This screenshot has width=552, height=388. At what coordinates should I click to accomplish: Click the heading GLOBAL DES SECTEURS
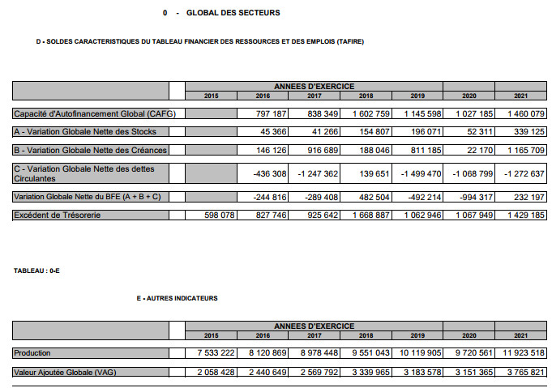(x=233, y=13)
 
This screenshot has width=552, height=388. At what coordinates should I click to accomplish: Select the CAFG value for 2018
(x=371, y=114)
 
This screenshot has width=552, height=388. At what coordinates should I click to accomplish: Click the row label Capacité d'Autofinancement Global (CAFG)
(x=95, y=114)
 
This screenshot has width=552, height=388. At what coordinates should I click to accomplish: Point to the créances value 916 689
(x=319, y=151)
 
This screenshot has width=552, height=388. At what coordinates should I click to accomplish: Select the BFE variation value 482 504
(x=370, y=197)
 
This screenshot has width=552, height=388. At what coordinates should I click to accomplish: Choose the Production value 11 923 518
(x=519, y=353)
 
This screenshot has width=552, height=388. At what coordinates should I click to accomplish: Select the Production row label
(x=32, y=353)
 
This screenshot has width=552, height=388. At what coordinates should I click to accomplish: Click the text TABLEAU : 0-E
(x=36, y=271)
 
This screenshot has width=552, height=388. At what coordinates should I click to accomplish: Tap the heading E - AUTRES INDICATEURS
(x=178, y=298)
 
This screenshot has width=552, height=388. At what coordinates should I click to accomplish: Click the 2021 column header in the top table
(x=520, y=96)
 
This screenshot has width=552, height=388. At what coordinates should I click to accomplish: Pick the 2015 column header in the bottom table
(x=211, y=335)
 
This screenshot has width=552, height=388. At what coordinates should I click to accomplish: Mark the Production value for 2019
(x=420, y=353)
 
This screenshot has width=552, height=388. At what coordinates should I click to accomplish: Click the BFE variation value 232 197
(x=526, y=197)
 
